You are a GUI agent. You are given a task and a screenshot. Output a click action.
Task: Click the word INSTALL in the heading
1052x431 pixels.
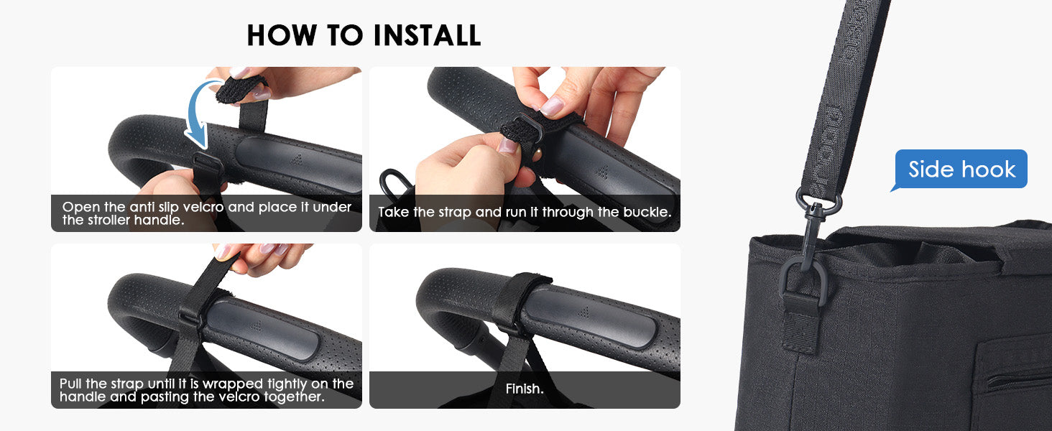click(x=427, y=35)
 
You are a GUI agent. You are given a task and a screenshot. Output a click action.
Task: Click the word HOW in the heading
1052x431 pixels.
click(x=282, y=35)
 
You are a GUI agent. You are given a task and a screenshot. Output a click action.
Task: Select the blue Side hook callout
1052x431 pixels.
click(x=961, y=169)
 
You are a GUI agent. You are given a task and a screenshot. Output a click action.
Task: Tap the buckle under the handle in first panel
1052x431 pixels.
click(x=207, y=168)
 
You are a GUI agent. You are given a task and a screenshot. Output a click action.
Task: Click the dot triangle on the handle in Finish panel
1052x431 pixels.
click(x=583, y=311)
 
